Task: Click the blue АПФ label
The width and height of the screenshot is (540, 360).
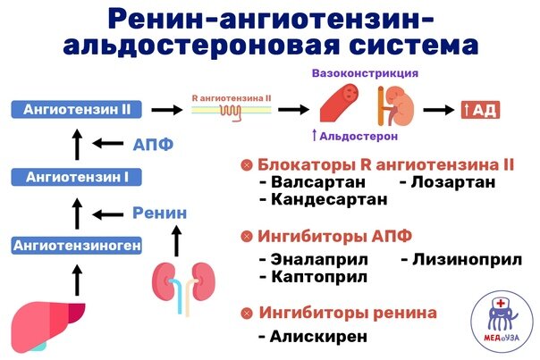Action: coord(154,144)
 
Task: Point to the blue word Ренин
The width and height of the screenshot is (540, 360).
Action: coord(160,213)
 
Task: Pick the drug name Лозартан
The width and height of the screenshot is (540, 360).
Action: coord(452,182)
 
